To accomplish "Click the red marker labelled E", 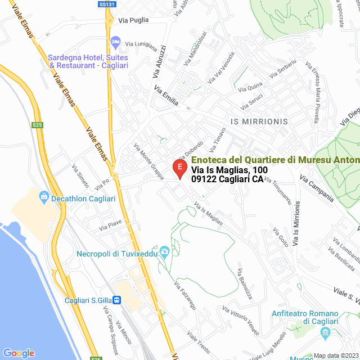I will point(179,168).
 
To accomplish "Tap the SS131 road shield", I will point(106,4).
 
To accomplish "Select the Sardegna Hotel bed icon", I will point(116,42).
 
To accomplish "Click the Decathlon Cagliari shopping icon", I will point(43,198).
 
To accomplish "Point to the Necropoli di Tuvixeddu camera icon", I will point(164,250).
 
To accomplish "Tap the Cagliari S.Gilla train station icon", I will point(116,300).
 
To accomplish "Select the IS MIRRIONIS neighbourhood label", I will point(259,121).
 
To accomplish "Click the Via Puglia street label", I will point(134,20).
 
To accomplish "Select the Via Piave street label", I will point(110,226).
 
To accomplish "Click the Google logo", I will point(19,353).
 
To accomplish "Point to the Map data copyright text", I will point(336,355).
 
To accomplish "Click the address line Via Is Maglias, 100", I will point(229,170).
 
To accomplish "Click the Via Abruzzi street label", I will point(159,61).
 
